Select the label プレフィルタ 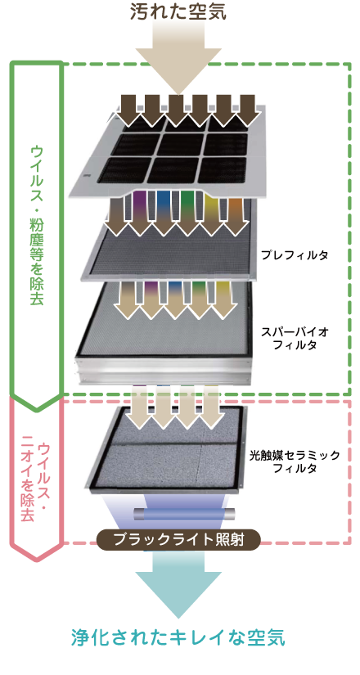(x=295, y=254)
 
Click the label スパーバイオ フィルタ (x=295, y=338)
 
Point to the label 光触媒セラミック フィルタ (x=295, y=461)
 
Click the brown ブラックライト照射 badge (x=178, y=540)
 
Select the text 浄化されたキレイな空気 (x=178, y=637)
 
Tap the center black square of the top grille (x=177, y=144)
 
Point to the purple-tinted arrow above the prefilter (x=140, y=212)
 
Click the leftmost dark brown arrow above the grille (x=128, y=109)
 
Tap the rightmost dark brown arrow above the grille (x=250, y=109)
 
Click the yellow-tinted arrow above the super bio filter (x=225, y=299)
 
